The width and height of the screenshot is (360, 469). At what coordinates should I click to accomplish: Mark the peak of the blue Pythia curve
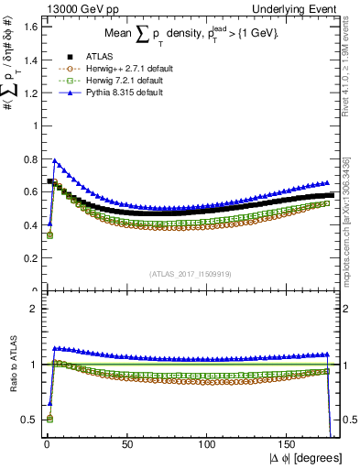pyautogui.click(x=54, y=160)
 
